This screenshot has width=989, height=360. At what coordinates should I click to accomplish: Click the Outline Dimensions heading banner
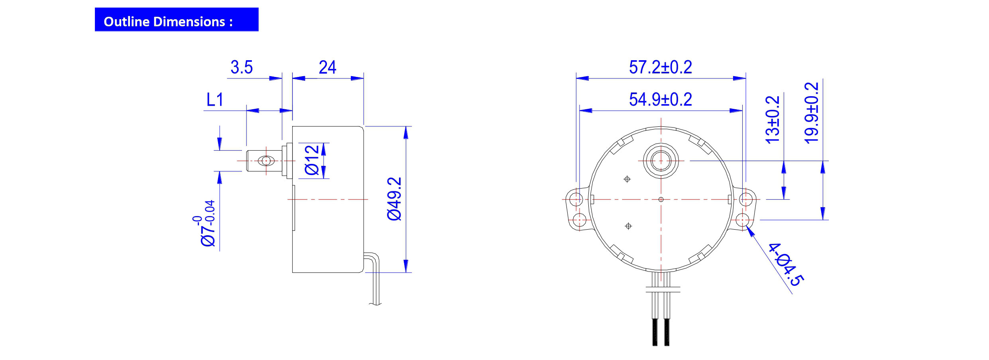click(176, 20)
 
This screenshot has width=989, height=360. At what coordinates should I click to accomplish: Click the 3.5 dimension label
click(241, 67)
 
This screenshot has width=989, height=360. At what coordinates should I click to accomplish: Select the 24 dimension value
click(327, 67)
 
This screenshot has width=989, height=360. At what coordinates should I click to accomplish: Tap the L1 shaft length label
click(214, 100)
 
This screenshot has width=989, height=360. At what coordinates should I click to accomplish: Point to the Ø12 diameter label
click(312, 160)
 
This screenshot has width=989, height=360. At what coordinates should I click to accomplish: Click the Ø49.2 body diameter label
click(395, 199)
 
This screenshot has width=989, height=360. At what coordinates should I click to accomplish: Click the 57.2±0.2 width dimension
click(660, 67)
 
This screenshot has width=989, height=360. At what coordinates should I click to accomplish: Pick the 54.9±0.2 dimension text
click(660, 100)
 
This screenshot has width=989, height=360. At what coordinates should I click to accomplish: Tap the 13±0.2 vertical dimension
click(772, 120)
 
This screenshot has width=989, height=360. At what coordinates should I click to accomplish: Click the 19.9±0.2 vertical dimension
click(812, 113)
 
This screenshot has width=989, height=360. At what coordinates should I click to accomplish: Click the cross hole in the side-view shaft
click(266, 161)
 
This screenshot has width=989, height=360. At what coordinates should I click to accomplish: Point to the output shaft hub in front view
click(661, 161)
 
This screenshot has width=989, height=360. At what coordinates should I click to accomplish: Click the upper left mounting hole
click(576, 199)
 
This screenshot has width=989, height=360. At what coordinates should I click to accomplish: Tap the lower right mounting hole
click(742, 220)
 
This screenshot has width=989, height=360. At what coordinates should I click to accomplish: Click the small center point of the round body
click(661, 199)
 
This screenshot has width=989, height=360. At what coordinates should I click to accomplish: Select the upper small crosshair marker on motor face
click(627, 179)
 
